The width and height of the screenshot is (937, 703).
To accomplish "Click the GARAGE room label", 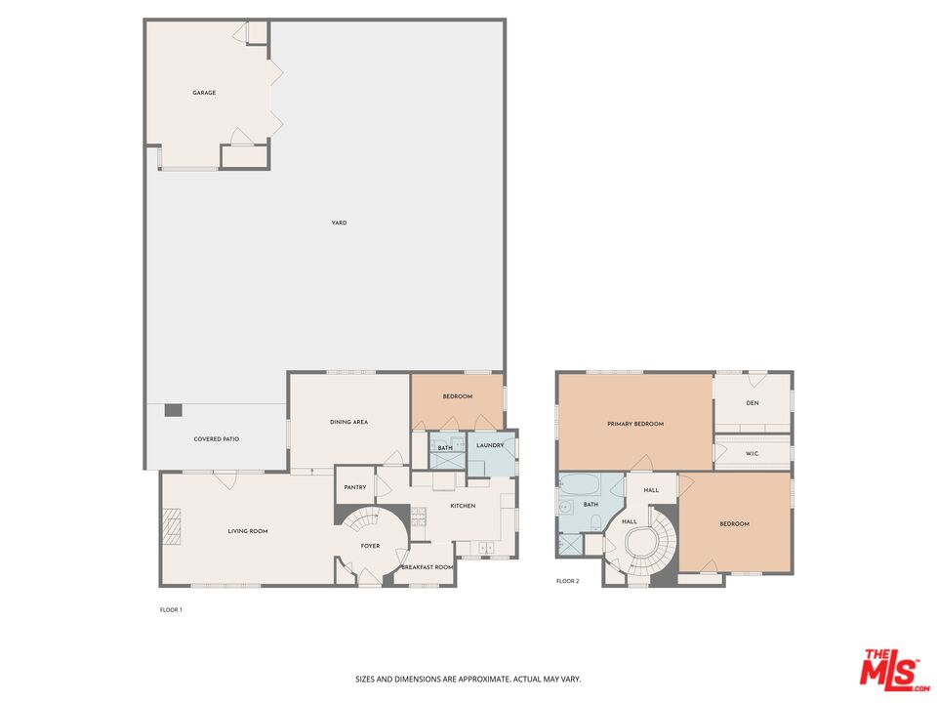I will tap(203, 93).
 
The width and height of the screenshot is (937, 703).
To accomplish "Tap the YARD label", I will tap(339, 223).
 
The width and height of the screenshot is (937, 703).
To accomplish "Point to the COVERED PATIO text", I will tap(216, 439).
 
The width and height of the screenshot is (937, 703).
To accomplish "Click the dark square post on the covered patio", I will tap(173, 410).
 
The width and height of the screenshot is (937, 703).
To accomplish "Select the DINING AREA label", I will tap(348, 422).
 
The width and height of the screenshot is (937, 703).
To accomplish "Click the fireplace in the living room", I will tap(173, 527).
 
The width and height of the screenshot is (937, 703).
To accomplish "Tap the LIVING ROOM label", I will tap(248, 531).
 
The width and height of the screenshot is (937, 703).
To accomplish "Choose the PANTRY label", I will tap(356, 487).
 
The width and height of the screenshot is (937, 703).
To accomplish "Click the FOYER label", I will tap(370, 546).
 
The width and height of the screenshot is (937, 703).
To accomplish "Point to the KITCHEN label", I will tap(463, 506).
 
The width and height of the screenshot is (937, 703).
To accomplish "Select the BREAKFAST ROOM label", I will tap(428, 567).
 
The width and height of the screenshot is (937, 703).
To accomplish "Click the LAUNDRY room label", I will tap(490, 446).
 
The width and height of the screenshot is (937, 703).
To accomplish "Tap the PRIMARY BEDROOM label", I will tap(634, 424).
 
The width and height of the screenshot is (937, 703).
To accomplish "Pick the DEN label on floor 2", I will tap(753, 402).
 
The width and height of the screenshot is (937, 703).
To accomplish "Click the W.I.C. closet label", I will tap(752, 453).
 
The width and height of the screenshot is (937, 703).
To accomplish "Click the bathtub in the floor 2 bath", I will tap(579, 485).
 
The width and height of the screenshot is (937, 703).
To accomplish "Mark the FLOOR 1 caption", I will tap(171, 609).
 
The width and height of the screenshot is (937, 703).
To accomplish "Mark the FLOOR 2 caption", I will tap(567, 581).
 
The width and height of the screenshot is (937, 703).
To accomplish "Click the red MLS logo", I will tap(890, 668).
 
